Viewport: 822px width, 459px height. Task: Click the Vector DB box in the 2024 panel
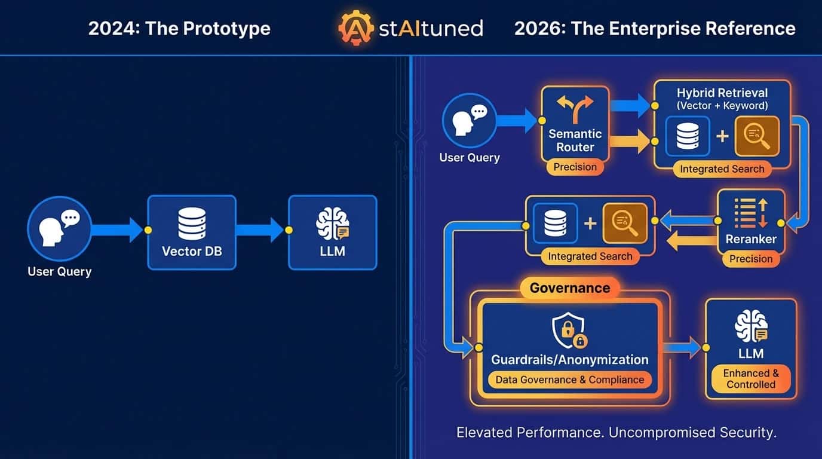pos(192,232)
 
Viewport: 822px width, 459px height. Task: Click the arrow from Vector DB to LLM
pos(260,230)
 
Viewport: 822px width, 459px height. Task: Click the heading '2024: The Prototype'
pos(179,28)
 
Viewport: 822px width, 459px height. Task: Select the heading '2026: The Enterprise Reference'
pos(655,28)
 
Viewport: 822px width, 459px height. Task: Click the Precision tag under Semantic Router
pos(575,167)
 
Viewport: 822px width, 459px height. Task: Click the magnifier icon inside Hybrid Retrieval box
pos(756,136)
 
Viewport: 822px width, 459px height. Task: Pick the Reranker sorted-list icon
pos(750,214)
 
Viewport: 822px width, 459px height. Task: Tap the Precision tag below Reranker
pos(750,259)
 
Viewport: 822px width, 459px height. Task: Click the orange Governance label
pos(569,288)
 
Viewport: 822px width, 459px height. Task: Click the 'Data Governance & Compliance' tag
pos(569,380)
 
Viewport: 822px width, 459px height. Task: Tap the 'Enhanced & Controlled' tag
pos(750,379)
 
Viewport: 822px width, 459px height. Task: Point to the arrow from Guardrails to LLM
pos(681,347)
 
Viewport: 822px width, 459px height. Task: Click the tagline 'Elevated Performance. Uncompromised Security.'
pos(616,433)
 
